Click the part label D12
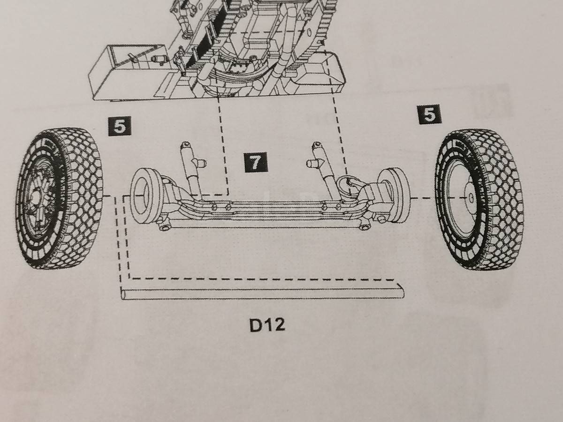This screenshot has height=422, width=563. pyautogui.click(x=267, y=325)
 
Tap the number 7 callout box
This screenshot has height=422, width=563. pyautogui.click(x=256, y=162)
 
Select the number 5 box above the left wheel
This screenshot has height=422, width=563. pyautogui.click(x=120, y=126)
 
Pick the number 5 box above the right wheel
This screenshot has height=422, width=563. pyautogui.click(x=430, y=114)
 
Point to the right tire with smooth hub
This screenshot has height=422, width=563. pyautogui.click(x=479, y=200)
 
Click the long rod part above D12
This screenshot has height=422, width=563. pyautogui.click(x=262, y=294)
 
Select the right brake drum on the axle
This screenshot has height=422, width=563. pyautogui.click(x=394, y=192)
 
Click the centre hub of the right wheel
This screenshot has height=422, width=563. pyautogui.click(x=471, y=197)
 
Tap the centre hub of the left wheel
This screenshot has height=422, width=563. pyautogui.click(x=37, y=198)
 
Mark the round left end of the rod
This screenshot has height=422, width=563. pyautogui.click(x=123, y=294)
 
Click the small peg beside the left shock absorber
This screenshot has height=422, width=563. pyautogui.click(x=200, y=163)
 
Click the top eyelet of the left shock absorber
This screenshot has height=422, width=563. pyautogui.click(x=186, y=144)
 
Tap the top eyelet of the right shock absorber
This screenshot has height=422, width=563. pyautogui.click(x=317, y=144)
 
